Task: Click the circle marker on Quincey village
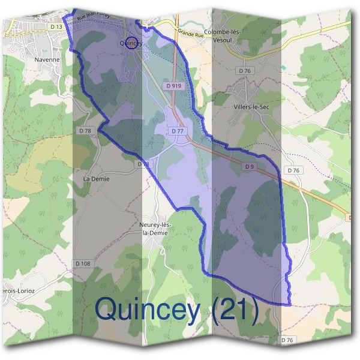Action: coord(133,43)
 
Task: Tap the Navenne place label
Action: coord(47,60)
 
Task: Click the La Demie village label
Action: coord(96,179)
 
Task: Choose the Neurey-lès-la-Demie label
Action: coord(155,229)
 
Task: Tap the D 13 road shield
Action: coord(56,27)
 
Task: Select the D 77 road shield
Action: coord(177,131)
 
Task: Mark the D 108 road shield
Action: coord(83,263)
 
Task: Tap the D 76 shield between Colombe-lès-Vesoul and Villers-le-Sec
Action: coord(244,71)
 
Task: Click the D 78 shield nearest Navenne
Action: coord(85,130)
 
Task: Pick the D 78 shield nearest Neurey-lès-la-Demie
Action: coord(143,164)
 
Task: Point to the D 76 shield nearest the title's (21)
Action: coord(288,340)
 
